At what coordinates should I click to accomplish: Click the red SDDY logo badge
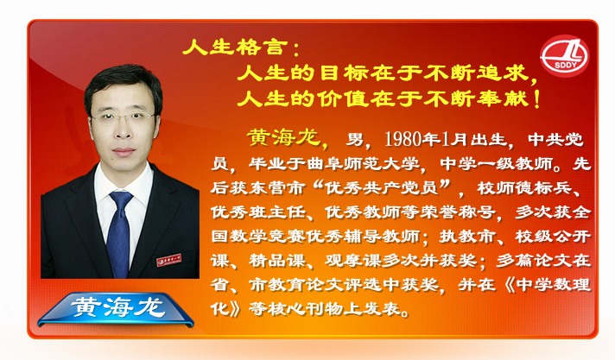[564, 55]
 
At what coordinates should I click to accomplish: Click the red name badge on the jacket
[169, 260]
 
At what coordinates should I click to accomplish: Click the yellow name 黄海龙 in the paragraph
[283, 137]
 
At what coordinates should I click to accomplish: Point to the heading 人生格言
[232, 47]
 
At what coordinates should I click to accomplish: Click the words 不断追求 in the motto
[476, 73]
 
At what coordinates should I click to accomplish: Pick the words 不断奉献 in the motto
[476, 98]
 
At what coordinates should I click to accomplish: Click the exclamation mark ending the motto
[537, 98]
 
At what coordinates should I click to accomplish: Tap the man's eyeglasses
[123, 117]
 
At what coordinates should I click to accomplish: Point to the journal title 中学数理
[554, 285]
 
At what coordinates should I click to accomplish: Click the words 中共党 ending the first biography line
[555, 139]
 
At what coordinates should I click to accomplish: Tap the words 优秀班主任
[257, 212]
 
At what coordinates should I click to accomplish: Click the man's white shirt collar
[123, 181]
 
